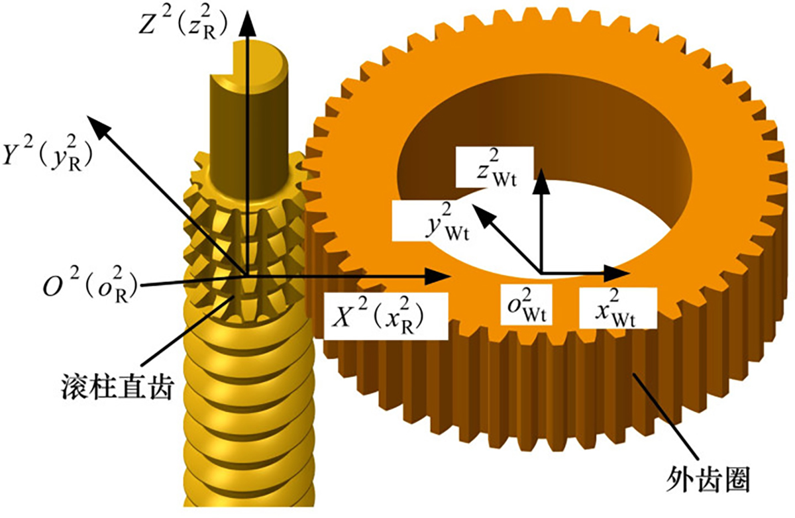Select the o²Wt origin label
(x=529, y=307)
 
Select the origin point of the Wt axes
(x=543, y=273)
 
